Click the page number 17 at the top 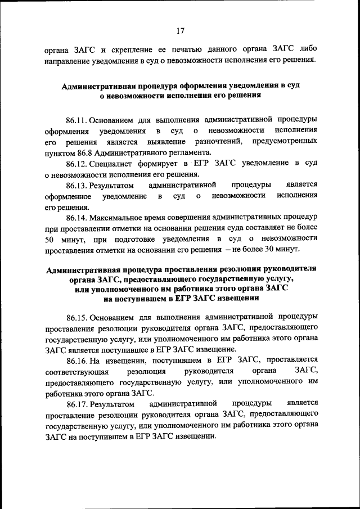click(180, 31)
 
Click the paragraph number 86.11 click(78, 120)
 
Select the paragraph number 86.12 click(78, 163)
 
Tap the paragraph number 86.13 click(78, 184)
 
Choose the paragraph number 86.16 click(78, 359)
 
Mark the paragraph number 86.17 click(78, 403)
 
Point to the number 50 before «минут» click(49, 238)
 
